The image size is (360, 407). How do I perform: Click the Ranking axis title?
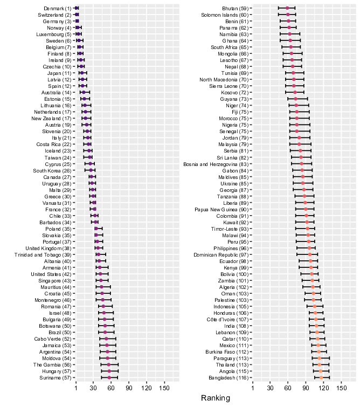[x=216, y=398]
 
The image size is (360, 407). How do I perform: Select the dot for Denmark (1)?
[x=77, y=8]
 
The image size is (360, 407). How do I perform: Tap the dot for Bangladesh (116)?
[x=321, y=378]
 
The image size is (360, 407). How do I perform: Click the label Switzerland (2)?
[x=54, y=15]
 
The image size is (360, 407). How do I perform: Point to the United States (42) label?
[x=51, y=274]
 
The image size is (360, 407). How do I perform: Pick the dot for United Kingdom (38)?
[x=98, y=248]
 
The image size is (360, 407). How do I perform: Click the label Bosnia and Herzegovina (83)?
[x=216, y=164]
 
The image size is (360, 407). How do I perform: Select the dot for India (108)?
[x=316, y=326]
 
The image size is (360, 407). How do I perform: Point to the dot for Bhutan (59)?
[x=287, y=8]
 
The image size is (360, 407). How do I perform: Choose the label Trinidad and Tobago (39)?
[x=43, y=254]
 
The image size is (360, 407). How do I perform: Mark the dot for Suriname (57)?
[x=109, y=378]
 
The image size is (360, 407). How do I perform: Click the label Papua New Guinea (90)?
[x=221, y=210]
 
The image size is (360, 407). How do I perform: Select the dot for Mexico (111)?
[x=318, y=345]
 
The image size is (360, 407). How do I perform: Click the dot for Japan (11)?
[x=82, y=73]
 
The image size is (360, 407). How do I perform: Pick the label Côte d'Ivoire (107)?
[x=227, y=320]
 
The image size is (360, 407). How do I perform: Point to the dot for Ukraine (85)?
[x=303, y=183]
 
